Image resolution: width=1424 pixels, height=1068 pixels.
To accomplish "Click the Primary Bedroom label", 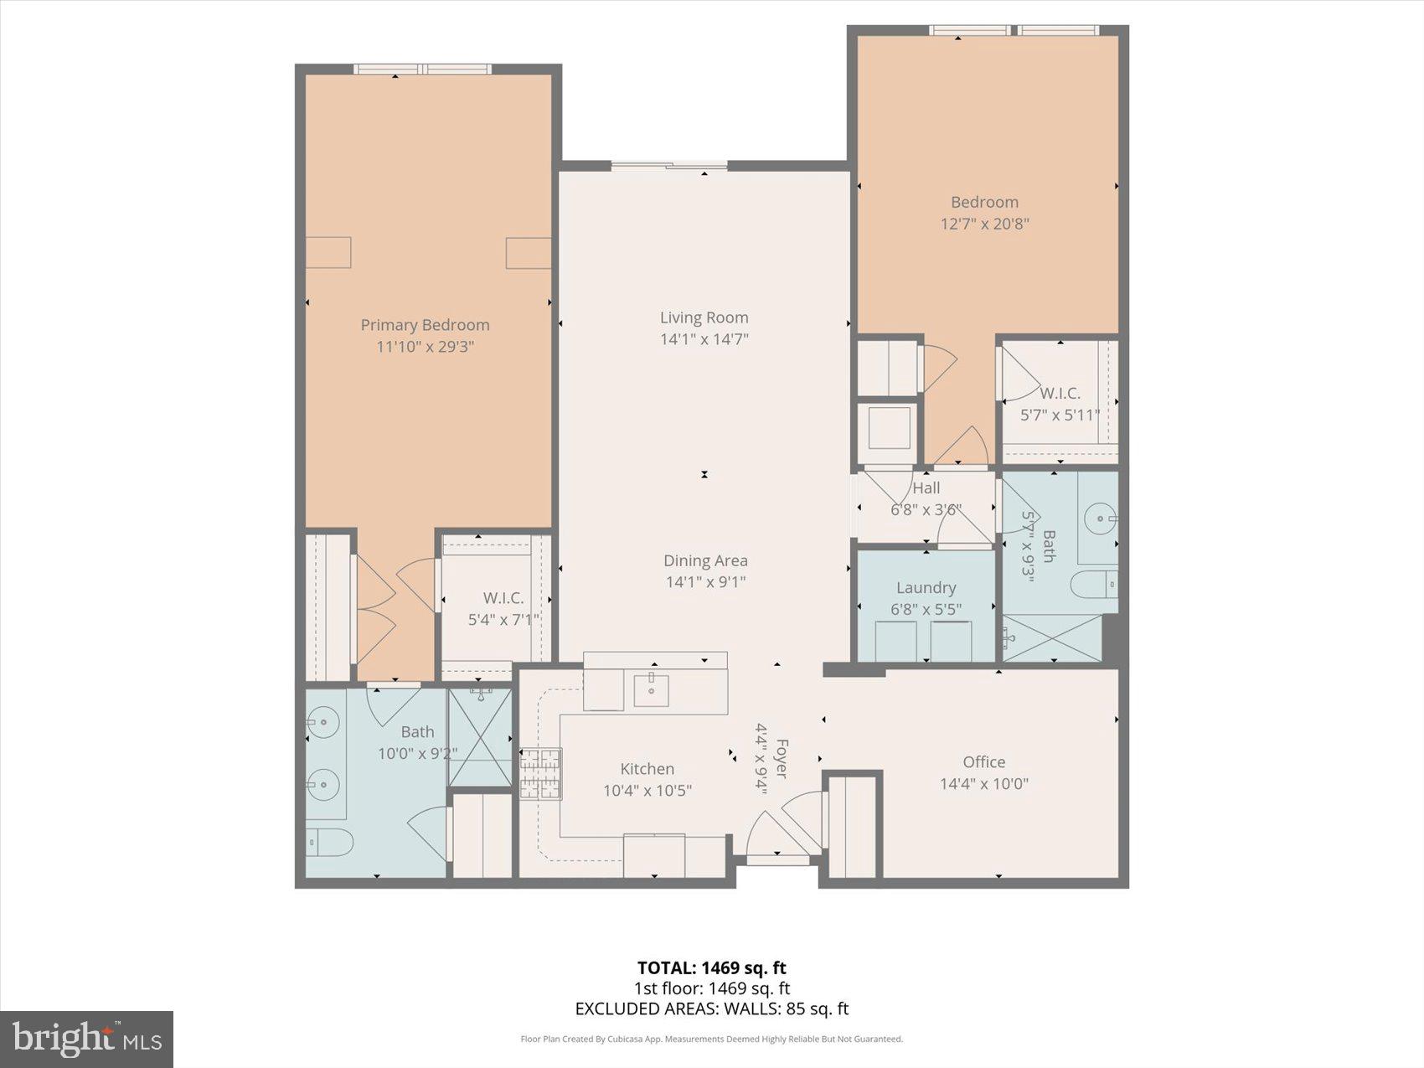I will point(425,325).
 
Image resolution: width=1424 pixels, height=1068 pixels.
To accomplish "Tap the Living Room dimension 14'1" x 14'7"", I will point(704,339).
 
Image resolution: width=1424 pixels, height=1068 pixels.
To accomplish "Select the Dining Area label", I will point(705,560).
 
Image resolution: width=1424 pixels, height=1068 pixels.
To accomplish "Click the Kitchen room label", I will point(647,768).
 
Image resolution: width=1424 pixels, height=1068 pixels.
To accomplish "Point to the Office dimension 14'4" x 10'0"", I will point(983,784).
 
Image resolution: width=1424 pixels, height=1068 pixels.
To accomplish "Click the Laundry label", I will point(926,587).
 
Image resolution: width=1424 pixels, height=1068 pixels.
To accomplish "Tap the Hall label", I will point(926,488).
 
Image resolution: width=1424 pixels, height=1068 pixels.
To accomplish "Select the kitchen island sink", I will point(651,689).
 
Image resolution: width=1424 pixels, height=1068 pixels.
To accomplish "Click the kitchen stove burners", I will point(540,774).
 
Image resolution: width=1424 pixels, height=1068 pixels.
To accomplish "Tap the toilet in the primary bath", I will point(329,842).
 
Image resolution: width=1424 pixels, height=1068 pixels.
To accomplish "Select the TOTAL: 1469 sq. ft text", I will point(711,968).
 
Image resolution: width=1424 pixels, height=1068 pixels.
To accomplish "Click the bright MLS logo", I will point(86,1040).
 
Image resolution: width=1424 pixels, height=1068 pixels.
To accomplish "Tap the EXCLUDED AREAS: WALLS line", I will point(711,1009).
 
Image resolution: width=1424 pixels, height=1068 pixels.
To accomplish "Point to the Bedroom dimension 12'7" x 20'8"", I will point(984,224).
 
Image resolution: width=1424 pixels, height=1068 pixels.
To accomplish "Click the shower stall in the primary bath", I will point(480,738).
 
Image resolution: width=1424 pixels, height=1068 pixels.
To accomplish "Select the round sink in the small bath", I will point(1100,519).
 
